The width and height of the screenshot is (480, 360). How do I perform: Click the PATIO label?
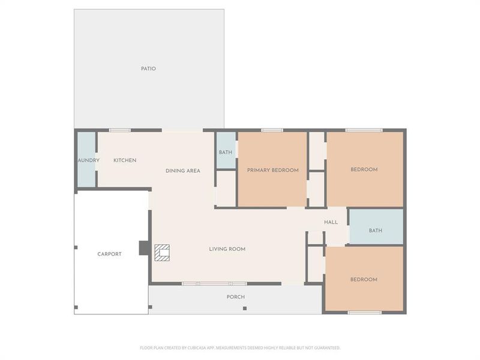point(148,68)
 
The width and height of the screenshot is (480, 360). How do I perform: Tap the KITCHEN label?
point(125,160)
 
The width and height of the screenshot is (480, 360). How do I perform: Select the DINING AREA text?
point(183,171)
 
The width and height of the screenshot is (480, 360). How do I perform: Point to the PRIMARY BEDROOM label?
point(273,170)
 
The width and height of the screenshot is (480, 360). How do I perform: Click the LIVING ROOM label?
point(227,249)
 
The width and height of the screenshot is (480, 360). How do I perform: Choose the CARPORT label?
point(110,254)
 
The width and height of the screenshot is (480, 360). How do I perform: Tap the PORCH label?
point(236,297)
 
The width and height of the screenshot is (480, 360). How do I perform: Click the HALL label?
point(331,222)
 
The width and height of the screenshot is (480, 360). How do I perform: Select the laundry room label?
point(88,160)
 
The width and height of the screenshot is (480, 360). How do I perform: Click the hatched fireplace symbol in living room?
point(162,252)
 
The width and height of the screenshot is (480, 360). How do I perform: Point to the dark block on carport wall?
point(144,248)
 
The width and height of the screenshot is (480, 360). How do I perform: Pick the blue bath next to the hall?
point(376,230)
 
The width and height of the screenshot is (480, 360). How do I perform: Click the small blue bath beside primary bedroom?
point(226,152)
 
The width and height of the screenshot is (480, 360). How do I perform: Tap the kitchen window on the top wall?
point(120,130)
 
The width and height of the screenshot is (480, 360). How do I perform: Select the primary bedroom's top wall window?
point(272,130)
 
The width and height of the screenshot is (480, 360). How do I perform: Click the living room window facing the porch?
point(214,283)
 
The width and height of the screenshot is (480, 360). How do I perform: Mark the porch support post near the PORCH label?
point(245,308)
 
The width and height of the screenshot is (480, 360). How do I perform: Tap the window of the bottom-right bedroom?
point(365,313)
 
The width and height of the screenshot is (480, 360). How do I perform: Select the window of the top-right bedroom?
point(364,130)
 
